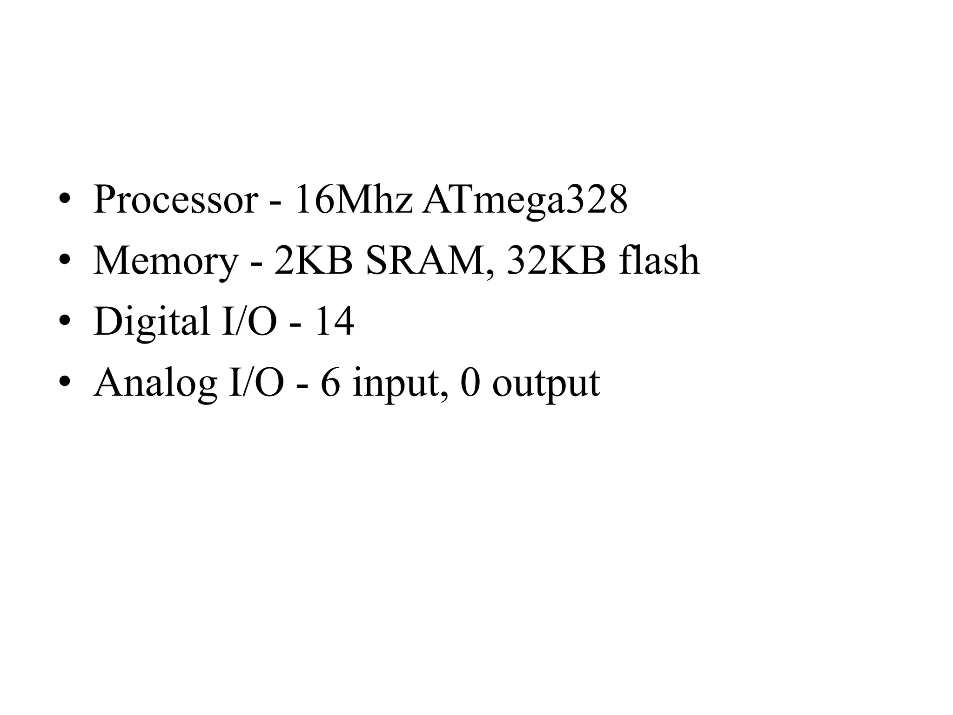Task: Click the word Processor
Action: [175, 200]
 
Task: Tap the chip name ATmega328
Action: [524, 200]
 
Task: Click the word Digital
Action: [152, 322]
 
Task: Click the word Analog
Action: [155, 384]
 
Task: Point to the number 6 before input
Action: [330, 383]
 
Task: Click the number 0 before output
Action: [470, 383]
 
